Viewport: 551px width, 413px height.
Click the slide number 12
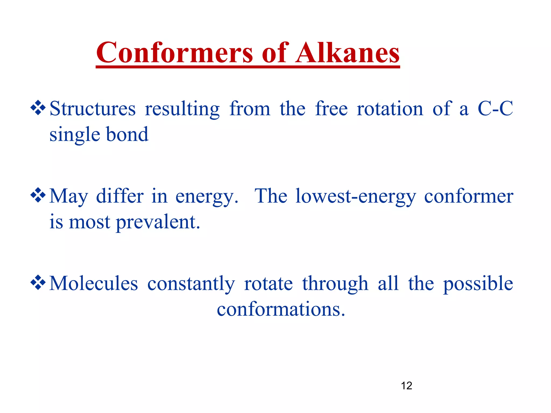[x=406, y=386]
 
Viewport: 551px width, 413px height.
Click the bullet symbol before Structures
[x=38, y=108]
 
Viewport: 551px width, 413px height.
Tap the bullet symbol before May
[x=38, y=195]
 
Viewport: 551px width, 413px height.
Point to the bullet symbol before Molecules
[x=38, y=283]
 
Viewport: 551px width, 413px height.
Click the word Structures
[x=93, y=109]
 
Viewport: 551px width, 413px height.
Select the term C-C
[x=495, y=109]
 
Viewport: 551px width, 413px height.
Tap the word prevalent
[x=158, y=222]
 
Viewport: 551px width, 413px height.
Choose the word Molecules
[x=94, y=284]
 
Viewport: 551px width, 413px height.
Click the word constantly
[x=191, y=284]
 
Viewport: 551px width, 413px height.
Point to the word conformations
[x=281, y=309]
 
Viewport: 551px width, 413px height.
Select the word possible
[x=478, y=284]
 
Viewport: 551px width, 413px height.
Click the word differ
[x=120, y=196]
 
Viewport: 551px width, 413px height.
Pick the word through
[x=335, y=284]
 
